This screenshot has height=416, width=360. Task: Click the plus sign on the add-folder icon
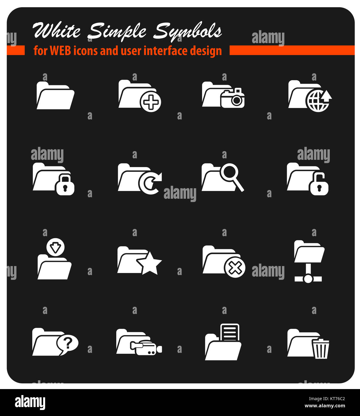pyautogui.click(x=151, y=102)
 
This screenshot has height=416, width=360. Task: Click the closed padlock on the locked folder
pyautogui.click(x=65, y=185)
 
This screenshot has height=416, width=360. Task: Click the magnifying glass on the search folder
pyautogui.click(x=230, y=173)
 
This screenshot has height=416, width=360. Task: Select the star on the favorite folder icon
pyautogui.click(x=149, y=263)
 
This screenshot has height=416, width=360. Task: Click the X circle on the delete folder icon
pyautogui.click(x=235, y=268)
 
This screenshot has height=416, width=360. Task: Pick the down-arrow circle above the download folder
pyautogui.click(x=56, y=247)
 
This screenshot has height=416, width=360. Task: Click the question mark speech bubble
pyautogui.click(x=68, y=344)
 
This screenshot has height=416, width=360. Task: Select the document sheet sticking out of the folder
pyautogui.click(x=230, y=332)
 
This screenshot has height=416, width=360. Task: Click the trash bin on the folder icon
pyautogui.click(x=321, y=349)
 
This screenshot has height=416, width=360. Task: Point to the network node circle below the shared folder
pyautogui.click(x=308, y=279)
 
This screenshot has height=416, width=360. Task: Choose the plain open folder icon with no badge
pyautogui.click(x=55, y=95)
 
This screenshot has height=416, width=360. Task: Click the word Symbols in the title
pyautogui.click(x=188, y=31)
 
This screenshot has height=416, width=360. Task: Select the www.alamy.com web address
pyautogui.click(x=325, y=406)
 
